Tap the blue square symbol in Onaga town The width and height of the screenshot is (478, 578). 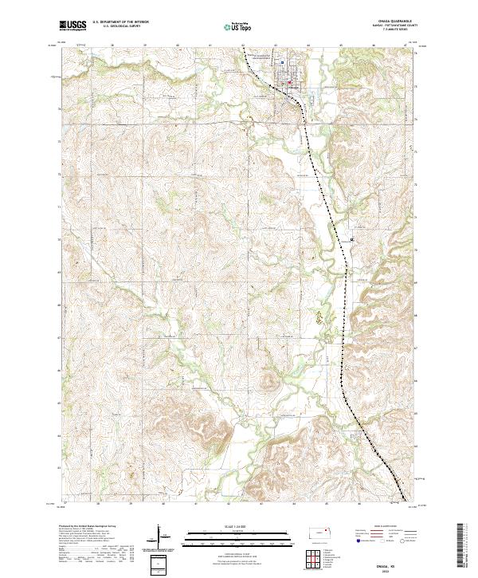[282, 62]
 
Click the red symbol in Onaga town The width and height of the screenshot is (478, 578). [290, 81]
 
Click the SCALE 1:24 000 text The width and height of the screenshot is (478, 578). [238, 527]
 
